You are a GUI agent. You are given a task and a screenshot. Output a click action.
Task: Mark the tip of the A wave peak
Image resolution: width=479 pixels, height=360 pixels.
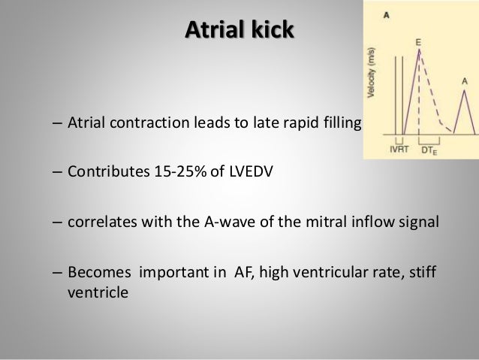465,90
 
